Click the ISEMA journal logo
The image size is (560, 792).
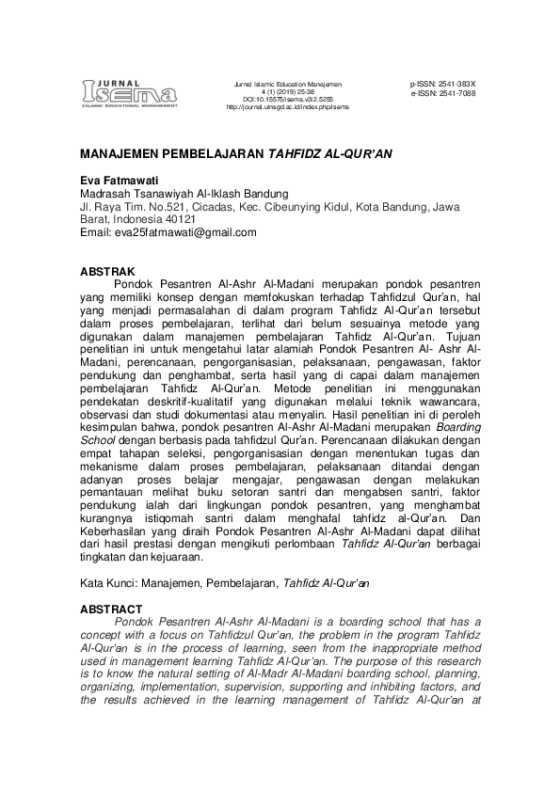pos(128,91)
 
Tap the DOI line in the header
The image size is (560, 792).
pos(287,100)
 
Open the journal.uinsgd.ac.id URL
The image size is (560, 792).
pos(287,107)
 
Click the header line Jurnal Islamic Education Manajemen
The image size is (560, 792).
pos(287,85)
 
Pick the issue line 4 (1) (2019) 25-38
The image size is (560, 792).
pos(287,92)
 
